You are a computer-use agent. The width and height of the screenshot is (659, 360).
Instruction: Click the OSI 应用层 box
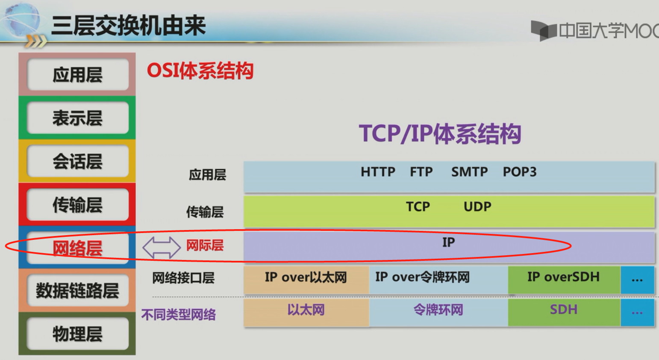77,75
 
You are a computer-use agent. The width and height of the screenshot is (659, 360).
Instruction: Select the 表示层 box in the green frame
77,118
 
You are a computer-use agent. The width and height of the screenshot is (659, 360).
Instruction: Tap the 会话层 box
77,162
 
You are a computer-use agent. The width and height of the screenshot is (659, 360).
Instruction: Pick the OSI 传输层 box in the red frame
77,205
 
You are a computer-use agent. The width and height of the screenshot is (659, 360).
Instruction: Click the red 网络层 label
77,248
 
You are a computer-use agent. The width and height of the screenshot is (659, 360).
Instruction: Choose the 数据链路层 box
77,291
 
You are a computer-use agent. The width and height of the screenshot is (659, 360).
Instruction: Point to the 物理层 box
77,334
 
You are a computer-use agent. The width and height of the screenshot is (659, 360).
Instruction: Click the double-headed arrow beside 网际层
161,247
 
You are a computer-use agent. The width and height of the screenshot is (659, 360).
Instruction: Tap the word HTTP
378,172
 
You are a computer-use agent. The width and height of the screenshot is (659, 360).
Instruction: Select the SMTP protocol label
469,172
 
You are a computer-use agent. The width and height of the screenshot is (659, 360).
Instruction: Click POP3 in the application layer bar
519,172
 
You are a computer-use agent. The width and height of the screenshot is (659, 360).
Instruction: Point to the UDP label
477,207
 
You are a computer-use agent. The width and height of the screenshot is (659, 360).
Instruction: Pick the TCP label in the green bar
418,207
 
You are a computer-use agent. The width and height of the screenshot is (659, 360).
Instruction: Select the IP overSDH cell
563,277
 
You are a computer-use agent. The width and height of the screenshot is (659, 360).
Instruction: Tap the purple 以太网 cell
306,310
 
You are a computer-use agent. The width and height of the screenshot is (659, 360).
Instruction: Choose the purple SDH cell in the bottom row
563,310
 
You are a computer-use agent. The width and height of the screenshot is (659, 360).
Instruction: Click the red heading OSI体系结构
200,71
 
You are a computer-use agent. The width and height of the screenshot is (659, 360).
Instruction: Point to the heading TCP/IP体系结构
440,134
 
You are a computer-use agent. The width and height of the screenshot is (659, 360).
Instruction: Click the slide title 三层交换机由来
128,26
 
